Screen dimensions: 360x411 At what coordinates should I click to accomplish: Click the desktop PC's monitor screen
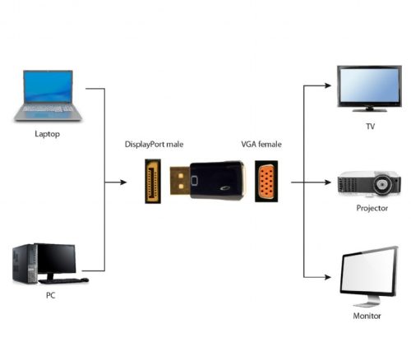point(55,258)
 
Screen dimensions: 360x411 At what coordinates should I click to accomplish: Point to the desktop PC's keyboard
point(60,281)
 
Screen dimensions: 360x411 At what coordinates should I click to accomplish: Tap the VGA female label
point(261,144)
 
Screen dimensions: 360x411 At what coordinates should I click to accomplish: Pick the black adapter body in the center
point(216,180)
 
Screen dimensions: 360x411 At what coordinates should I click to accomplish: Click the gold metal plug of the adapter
point(176,180)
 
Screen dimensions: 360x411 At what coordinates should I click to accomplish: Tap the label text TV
point(369,127)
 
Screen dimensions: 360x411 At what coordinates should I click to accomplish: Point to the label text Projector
point(372,208)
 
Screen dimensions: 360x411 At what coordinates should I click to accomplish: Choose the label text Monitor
point(367,315)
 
